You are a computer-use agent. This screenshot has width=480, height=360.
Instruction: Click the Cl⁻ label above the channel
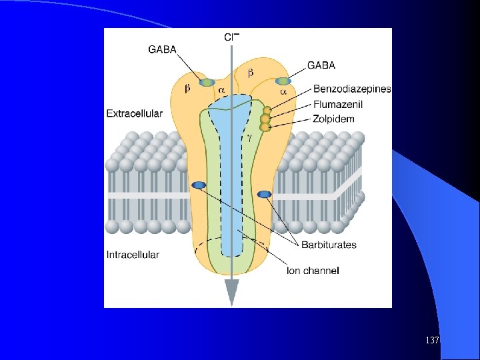(232, 37)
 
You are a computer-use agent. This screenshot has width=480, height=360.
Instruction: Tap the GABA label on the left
(162, 49)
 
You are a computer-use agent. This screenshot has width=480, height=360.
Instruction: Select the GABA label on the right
(321, 65)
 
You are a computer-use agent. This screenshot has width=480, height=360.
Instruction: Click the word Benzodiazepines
(352, 89)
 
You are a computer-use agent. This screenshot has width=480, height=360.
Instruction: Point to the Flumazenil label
(338, 105)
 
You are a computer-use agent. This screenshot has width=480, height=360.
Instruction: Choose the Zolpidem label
(333, 119)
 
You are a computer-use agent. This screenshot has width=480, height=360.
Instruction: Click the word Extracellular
(135, 113)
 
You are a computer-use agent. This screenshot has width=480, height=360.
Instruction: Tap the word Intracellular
(133, 255)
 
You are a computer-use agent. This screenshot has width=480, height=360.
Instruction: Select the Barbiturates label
(329, 245)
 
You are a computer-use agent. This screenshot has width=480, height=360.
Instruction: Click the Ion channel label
(313, 271)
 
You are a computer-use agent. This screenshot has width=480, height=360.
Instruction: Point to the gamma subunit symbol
(250, 138)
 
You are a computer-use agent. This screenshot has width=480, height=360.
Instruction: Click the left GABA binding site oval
(207, 83)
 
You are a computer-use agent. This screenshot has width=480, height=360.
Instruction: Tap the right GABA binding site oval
(283, 81)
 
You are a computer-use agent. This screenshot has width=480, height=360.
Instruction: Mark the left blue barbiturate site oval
(199, 185)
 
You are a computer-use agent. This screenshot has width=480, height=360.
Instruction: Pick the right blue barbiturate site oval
(264, 195)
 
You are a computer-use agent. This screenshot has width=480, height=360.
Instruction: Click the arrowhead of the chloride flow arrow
(232, 293)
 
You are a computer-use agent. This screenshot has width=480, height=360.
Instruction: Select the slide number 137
(432, 340)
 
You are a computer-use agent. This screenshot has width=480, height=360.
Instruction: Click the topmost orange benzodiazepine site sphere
(267, 111)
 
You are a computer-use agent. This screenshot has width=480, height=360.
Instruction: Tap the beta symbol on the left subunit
(187, 89)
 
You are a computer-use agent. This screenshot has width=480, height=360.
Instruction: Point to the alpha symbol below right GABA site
(283, 91)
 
